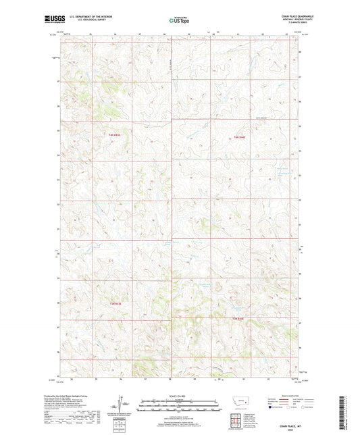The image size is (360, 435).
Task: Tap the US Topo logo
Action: tap(179, 20)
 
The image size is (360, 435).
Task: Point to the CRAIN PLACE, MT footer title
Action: tap(286, 424)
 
